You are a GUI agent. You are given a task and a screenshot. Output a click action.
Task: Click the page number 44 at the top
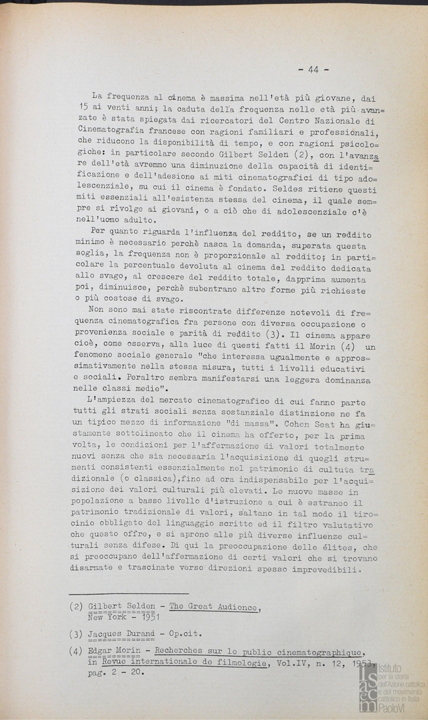point(313,69)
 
